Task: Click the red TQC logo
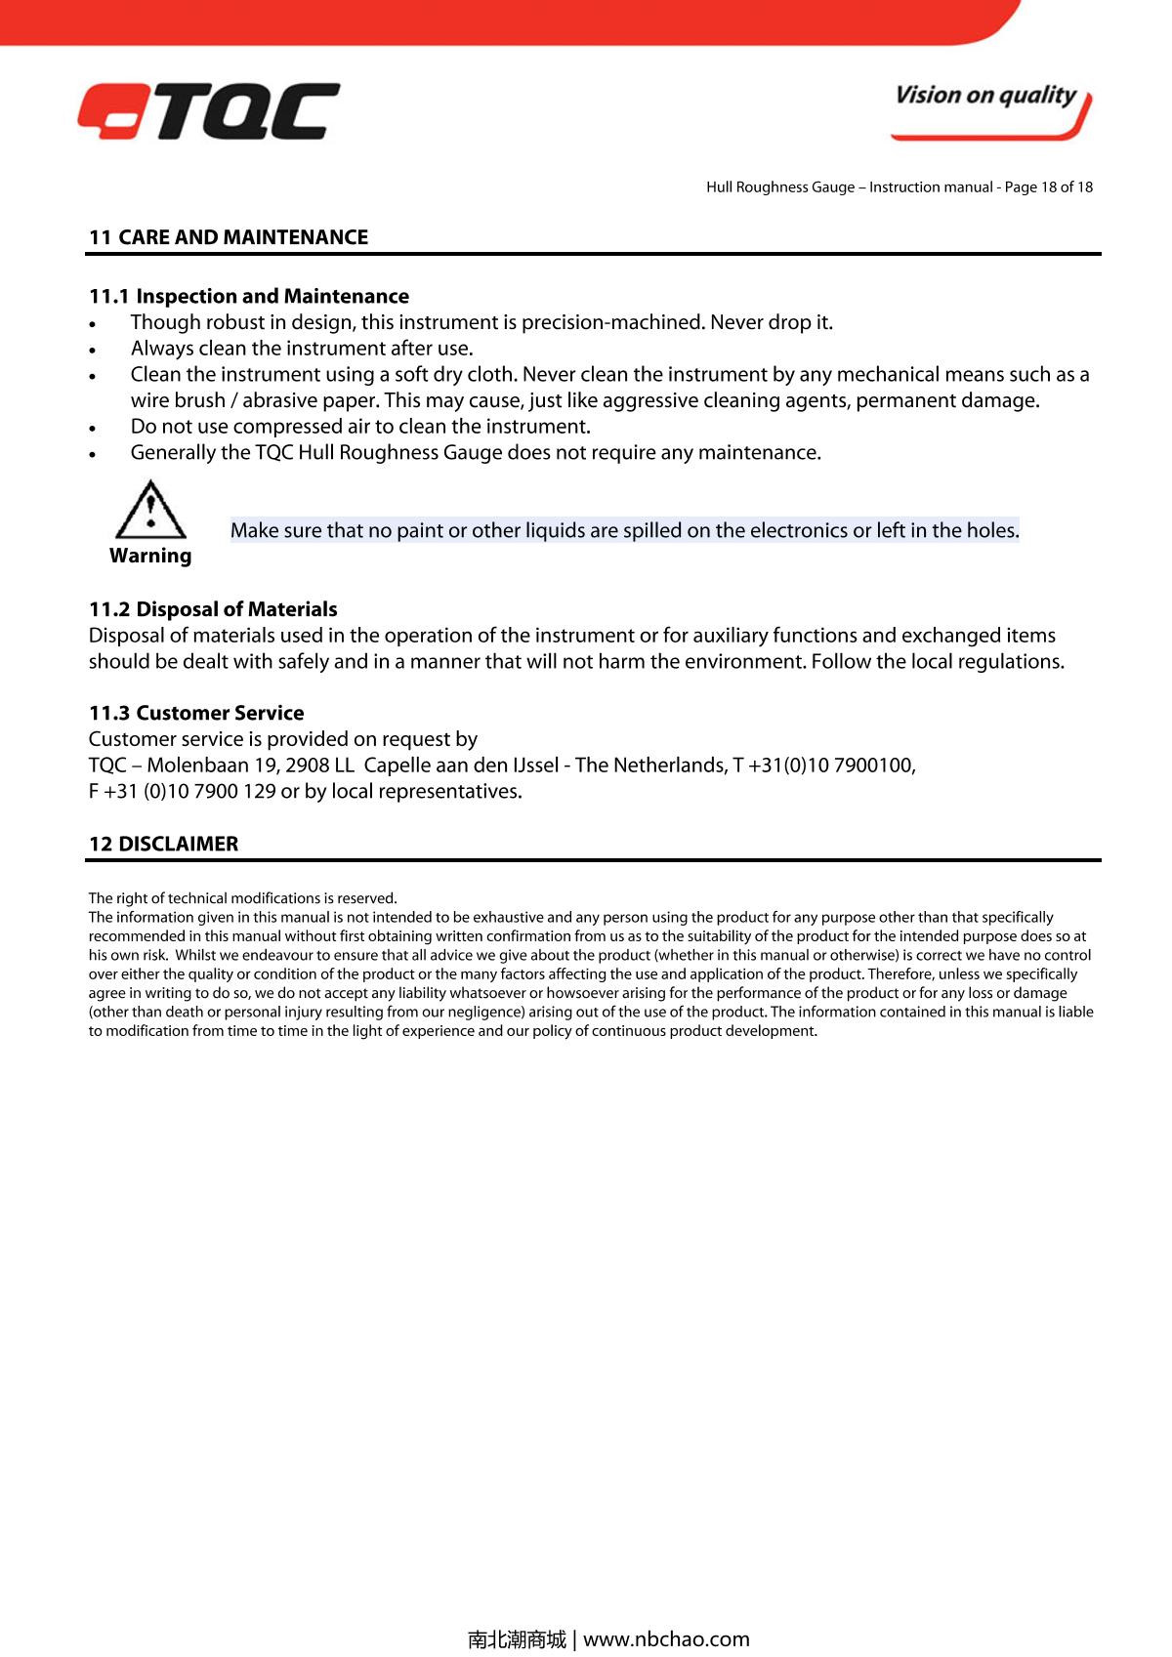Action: (209, 110)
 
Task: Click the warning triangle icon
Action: (150, 510)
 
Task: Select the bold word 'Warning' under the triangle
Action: (150, 556)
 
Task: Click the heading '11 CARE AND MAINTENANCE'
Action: (229, 237)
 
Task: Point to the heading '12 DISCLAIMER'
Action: (163, 844)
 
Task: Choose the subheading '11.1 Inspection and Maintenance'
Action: (249, 296)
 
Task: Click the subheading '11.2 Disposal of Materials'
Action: (213, 609)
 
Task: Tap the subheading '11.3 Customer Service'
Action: (196, 713)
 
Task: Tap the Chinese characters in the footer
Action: (517, 1638)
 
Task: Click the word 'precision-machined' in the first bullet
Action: (613, 322)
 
